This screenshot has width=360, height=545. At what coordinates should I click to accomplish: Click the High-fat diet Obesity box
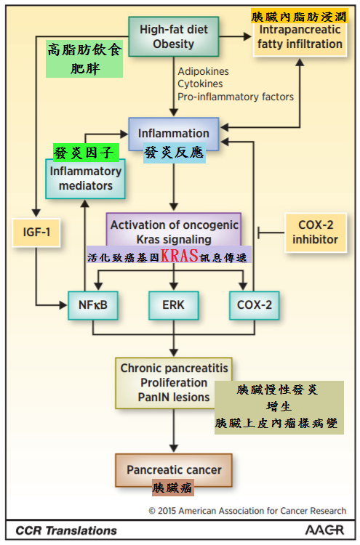(174, 36)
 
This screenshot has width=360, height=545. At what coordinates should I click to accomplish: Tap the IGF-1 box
(36, 233)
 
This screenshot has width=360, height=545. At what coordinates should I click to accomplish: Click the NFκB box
(93, 305)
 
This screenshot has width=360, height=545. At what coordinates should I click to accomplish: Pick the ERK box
(174, 305)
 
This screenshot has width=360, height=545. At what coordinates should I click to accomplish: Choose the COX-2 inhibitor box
(316, 233)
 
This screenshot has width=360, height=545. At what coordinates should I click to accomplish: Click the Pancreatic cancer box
(174, 470)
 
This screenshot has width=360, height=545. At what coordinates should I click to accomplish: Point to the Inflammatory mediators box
(86, 179)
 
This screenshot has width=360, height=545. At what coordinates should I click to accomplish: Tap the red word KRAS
(179, 256)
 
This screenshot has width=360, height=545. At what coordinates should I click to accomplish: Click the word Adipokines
(203, 71)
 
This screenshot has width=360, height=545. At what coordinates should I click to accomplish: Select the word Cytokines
(200, 84)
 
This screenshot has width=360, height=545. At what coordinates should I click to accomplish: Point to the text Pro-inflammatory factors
(236, 97)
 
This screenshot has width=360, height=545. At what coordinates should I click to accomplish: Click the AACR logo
(324, 530)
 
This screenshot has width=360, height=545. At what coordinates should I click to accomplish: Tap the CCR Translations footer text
(66, 530)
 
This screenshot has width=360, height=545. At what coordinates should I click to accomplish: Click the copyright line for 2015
(247, 511)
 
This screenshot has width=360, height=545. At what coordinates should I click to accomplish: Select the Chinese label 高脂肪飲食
(84, 49)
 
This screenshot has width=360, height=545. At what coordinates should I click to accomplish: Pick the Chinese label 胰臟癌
(172, 488)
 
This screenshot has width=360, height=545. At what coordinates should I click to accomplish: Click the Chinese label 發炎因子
(84, 153)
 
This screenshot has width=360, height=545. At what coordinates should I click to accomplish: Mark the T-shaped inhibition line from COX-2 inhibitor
(271, 233)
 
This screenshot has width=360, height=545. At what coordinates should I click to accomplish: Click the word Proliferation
(174, 383)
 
